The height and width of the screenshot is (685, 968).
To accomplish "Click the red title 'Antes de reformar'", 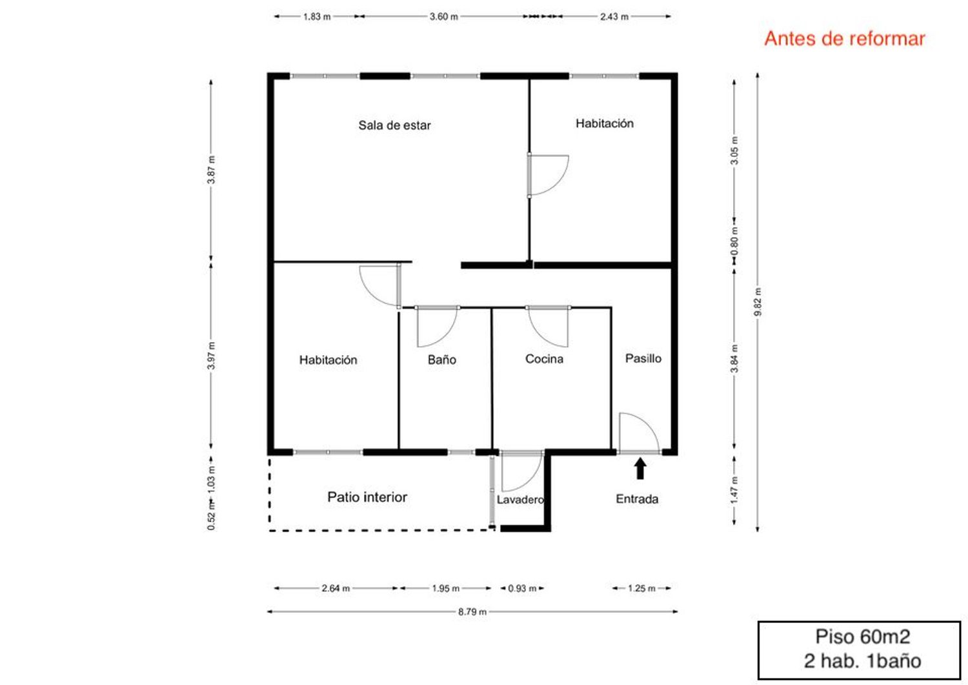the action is click(844, 39).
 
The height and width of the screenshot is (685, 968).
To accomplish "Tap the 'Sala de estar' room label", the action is click(394, 125).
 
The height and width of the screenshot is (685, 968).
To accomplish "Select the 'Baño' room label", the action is click(441, 360).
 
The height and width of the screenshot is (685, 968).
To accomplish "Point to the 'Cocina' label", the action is click(544, 359).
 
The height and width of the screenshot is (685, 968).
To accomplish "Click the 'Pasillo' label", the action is click(643, 358).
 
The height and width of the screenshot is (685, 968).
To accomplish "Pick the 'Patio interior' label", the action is click(367, 497).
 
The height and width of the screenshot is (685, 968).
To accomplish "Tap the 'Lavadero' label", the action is click(520, 500).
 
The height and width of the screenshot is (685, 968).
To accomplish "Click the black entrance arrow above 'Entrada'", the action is click(640, 469).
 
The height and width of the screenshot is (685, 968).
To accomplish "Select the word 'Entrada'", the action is click(637, 499).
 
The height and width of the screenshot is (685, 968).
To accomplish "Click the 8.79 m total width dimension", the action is click(472, 612).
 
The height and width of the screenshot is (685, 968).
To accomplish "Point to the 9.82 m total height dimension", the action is click(758, 302).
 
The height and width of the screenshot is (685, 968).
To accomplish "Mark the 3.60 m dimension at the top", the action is click(443, 17).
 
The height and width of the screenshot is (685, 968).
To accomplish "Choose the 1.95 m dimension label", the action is click(445, 589).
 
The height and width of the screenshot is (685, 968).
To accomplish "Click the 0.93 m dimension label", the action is click(522, 589).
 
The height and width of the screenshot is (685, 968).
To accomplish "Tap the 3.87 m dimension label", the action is click(211, 170).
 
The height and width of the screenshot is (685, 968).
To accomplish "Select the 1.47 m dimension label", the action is click(734, 489).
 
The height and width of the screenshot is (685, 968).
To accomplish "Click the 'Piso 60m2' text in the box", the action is click(863, 637).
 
